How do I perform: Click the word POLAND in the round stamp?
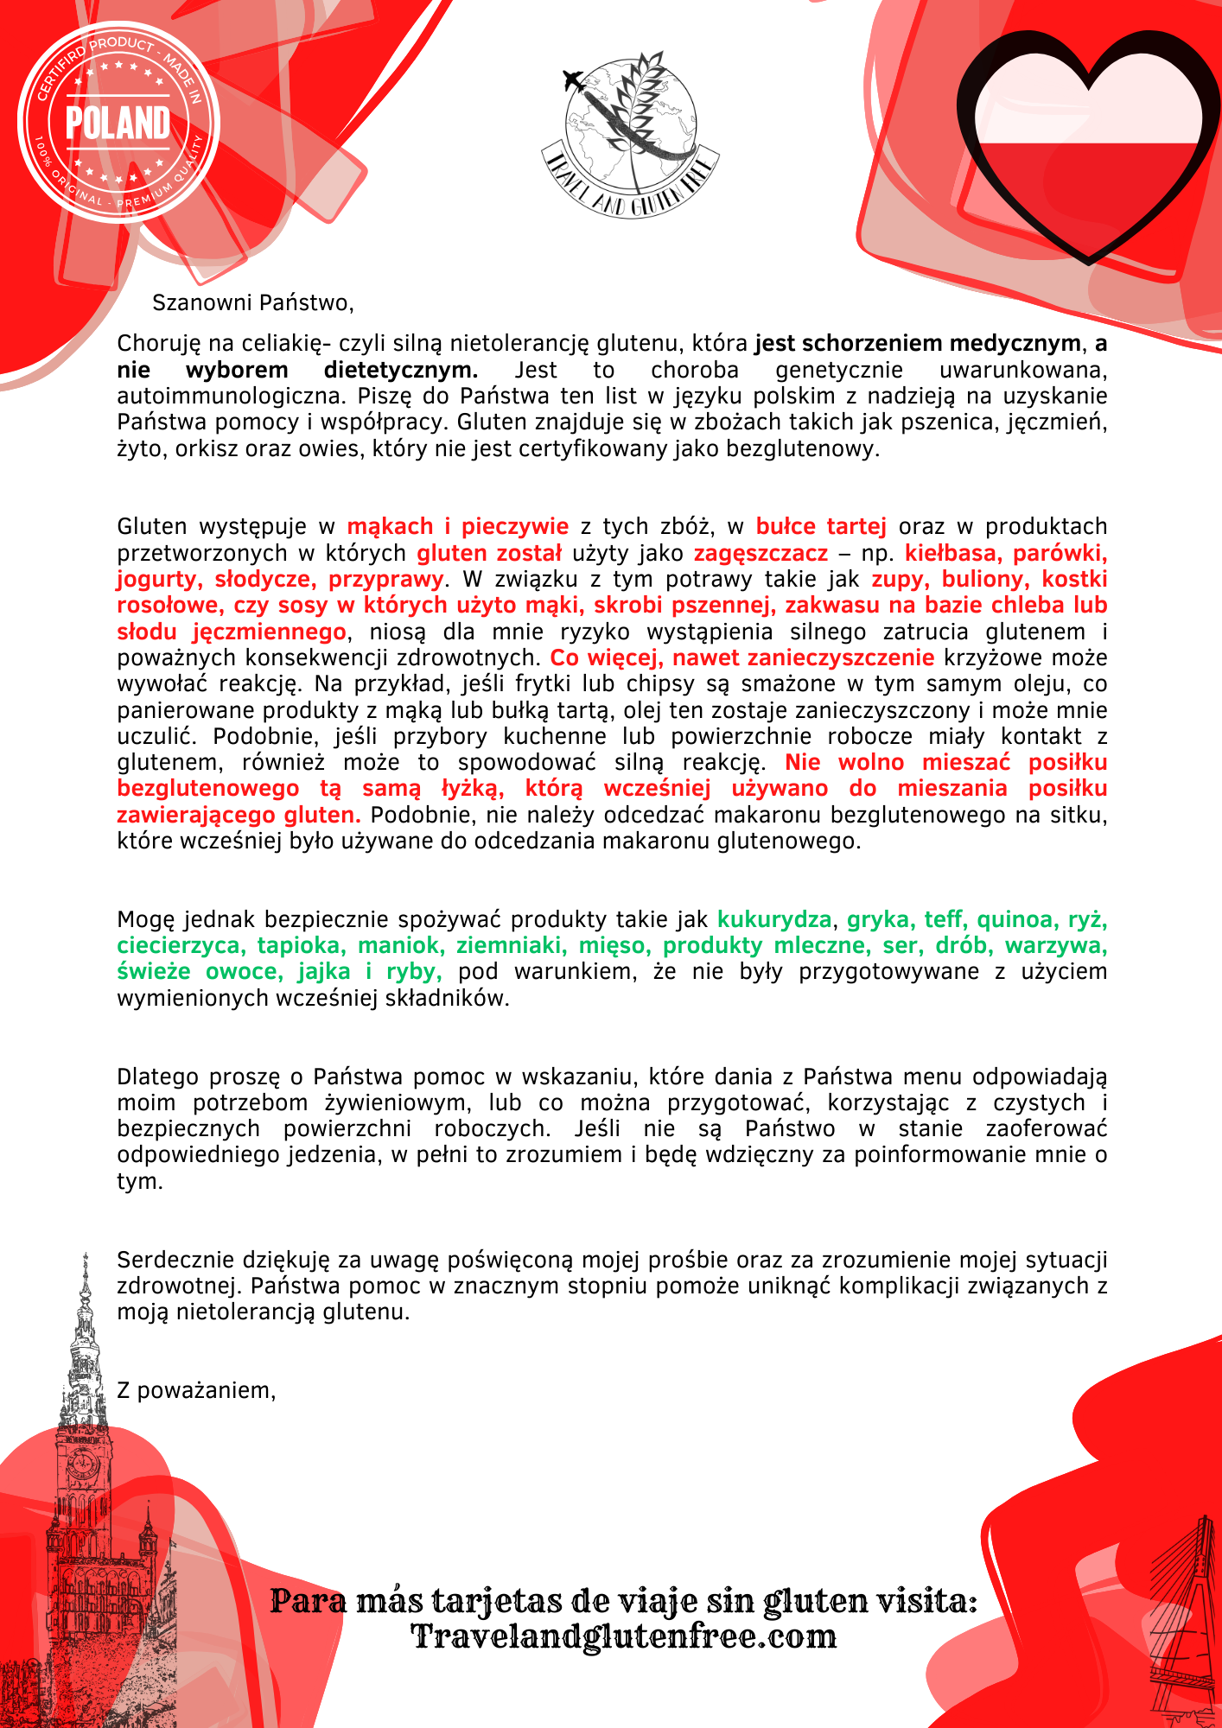coord(118,123)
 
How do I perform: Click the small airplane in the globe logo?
coord(573,81)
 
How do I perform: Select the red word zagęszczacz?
coord(761,553)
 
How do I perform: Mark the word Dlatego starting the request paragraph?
coord(155,1077)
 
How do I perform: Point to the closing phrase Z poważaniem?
coord(196,1390)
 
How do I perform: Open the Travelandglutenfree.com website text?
coord(623,1636)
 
